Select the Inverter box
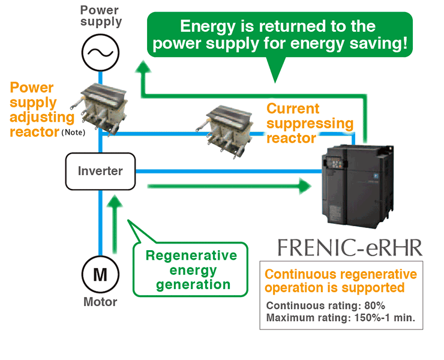[100, 171]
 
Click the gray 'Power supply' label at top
[101, 16]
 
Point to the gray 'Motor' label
[100, 302]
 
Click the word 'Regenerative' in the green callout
[191, 256]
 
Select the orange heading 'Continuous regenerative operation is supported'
[340, 281]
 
